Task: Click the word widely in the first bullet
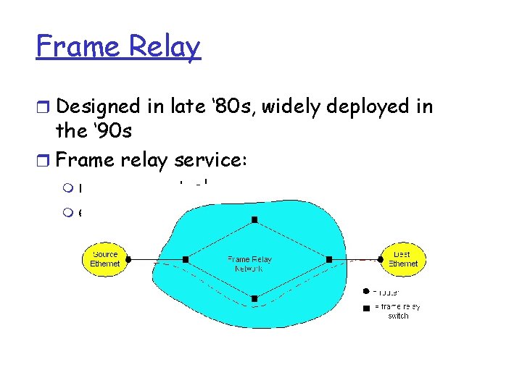pos(299,106)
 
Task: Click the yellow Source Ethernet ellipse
pos(105,258)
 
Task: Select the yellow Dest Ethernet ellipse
pos(402,258)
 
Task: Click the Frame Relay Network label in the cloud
pos(249,264)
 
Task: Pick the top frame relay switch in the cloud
pos(254,219)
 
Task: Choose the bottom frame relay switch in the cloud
pos(254,298)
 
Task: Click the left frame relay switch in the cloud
pos(186,258)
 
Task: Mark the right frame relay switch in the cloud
pos(329,258)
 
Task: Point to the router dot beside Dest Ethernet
pos(379,258)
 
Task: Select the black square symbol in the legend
pos(367,308)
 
